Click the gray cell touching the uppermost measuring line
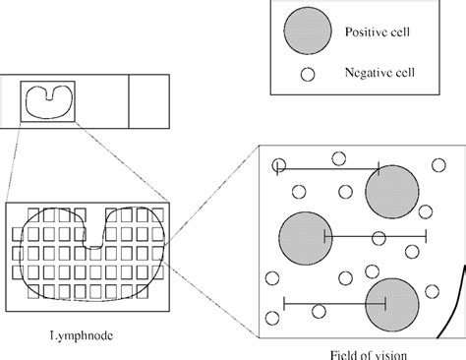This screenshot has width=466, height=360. (391, 189)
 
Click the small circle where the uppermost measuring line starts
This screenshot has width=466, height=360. (279, 165)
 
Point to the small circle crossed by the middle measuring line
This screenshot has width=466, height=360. (378, 236)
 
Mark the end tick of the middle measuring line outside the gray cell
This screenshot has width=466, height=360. (425, 236)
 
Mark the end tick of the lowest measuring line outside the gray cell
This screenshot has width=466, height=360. (284, 302)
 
